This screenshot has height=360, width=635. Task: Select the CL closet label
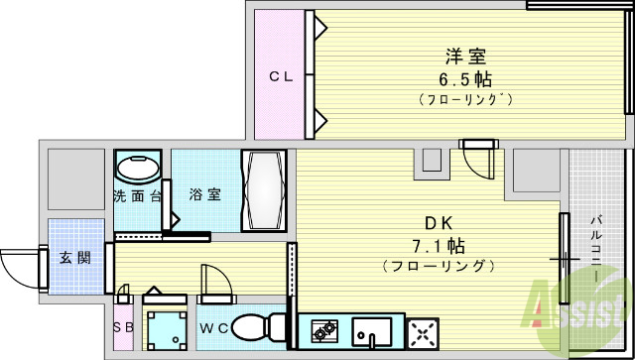click(x=282, y=76)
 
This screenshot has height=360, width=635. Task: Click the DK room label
click(x=439, y=223)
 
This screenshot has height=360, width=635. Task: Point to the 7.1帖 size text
click(x=439, y=245)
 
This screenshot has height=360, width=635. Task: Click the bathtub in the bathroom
click(x=264, y=190)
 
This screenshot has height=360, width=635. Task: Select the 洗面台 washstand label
click(x=138, y=195)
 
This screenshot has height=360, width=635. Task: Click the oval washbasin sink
click(x=139, y=166)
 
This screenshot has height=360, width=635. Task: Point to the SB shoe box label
click(x=124, y=328)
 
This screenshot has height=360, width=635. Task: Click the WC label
click(x=215, y=328)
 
